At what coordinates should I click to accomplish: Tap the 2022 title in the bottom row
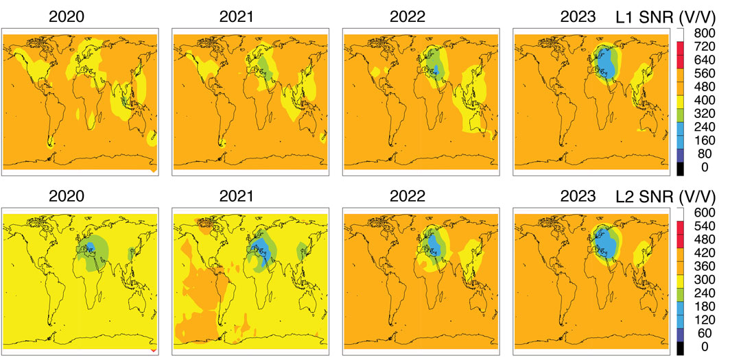(405, 197)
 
